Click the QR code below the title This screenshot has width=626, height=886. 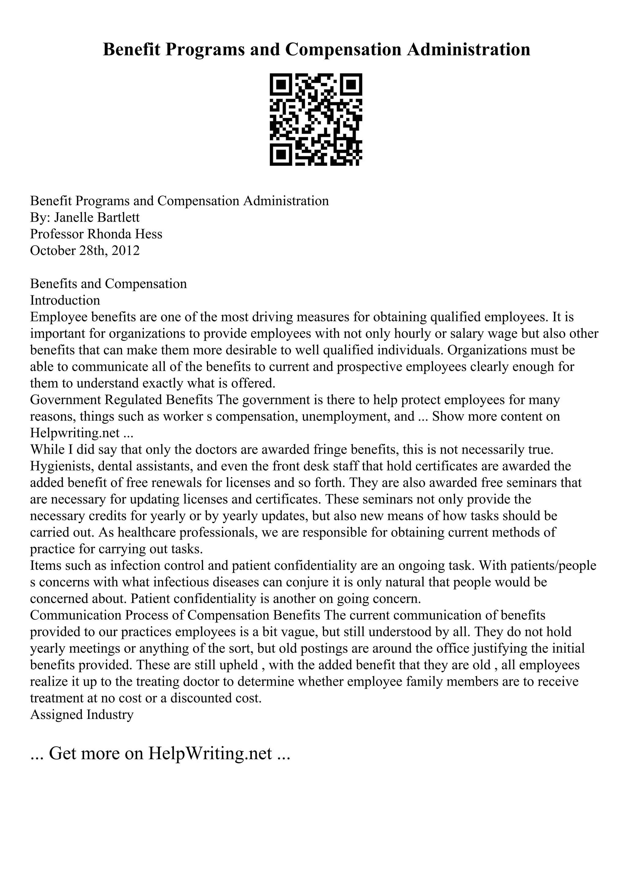point(315,120)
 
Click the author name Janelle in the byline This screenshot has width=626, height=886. point(74,218)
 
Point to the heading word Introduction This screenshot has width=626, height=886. point(65,300)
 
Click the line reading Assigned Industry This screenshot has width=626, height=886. point(82,715)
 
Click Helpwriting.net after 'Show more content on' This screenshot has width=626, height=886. point(75,433)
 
